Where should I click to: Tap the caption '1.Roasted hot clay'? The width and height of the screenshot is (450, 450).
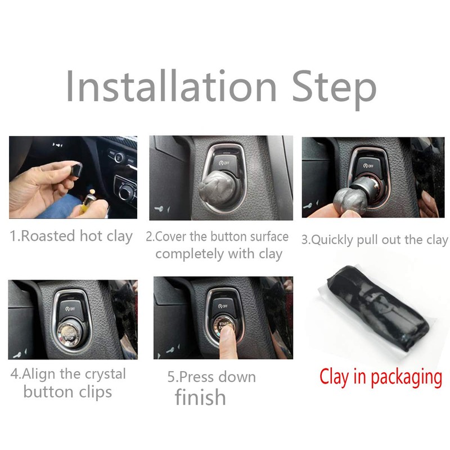pyautogui.click(x=71, y=236)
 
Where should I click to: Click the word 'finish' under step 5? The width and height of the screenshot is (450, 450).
pyautogui.click(x=200, y=397)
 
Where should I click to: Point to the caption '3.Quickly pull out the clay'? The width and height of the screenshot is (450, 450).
pyautogui.click(x=375, y=240)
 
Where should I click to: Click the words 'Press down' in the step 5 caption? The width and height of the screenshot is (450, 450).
pyautogui.click(x=211, y=376)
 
